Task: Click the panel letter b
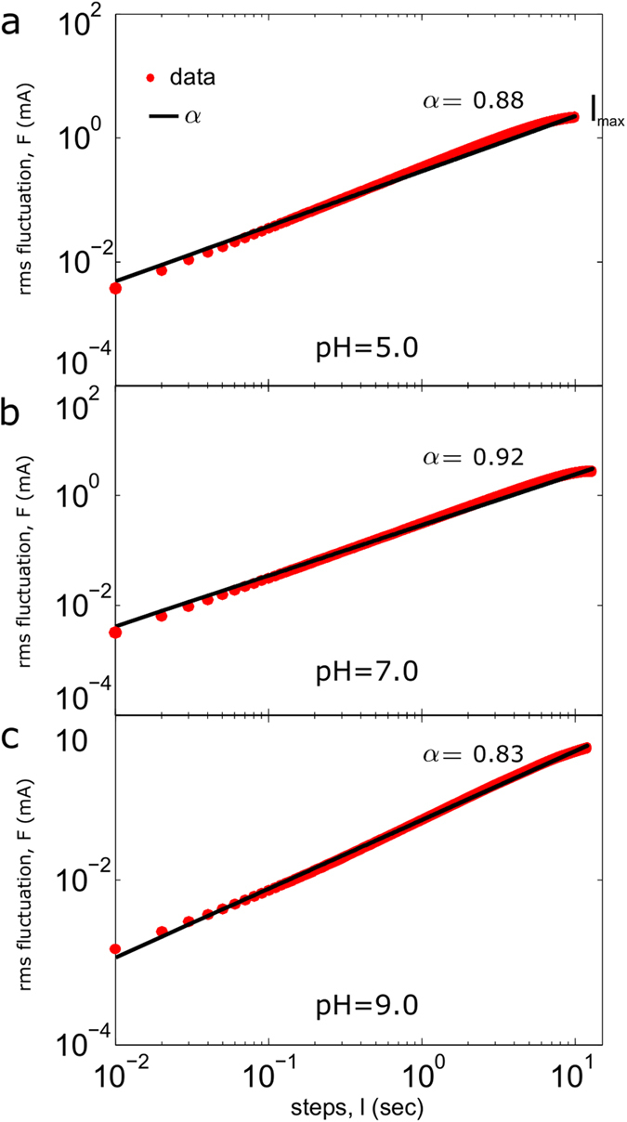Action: [12, 412]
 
